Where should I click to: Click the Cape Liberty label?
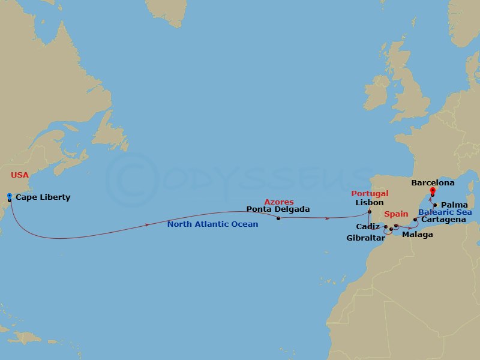(43, 197)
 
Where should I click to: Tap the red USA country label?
(20, 176)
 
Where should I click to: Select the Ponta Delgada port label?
(278, 209)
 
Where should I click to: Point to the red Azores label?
(279, 202)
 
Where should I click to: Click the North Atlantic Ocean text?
(212, 224)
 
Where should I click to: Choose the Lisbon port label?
(369, 203)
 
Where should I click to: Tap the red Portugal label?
(370, 194)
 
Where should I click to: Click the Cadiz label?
(368, 227)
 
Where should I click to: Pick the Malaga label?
(417, 235)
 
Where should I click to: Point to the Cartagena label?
(443, 220)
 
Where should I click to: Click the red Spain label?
(396, 214)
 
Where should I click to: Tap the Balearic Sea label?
(445, 212)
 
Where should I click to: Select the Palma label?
(454, 205)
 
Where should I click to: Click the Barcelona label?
(433, 183)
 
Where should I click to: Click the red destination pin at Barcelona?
(432, 191)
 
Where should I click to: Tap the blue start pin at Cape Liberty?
(10, 196)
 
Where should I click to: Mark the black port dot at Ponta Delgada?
(278, 218)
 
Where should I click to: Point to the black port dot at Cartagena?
(415, 220)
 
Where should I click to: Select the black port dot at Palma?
(435, 205)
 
